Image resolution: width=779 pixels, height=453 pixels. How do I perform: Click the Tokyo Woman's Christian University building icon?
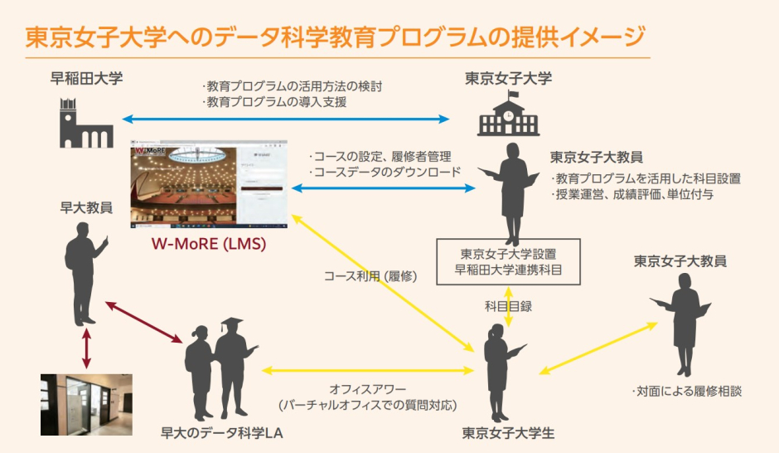[x=507, y=114]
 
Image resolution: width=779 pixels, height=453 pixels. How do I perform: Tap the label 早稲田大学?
[x=86, y=80]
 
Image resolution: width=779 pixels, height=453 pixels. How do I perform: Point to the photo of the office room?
[x=86, y=404]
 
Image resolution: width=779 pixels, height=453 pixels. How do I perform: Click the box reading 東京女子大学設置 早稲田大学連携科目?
[x=508, y=261]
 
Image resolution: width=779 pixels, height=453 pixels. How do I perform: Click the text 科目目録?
[x=508, y=306]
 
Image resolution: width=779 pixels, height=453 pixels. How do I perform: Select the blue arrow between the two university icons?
[x=286, y=119]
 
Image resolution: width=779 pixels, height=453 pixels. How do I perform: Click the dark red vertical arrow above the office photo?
[x=85, y=350]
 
